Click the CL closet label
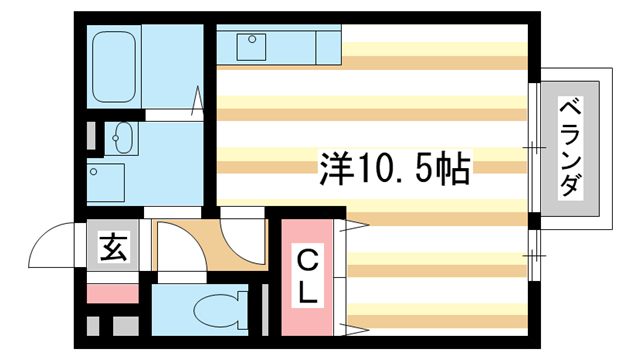[308, 277]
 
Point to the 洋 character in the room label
[336, 166]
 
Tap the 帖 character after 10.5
[454, 166]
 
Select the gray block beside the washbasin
[92, 136]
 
